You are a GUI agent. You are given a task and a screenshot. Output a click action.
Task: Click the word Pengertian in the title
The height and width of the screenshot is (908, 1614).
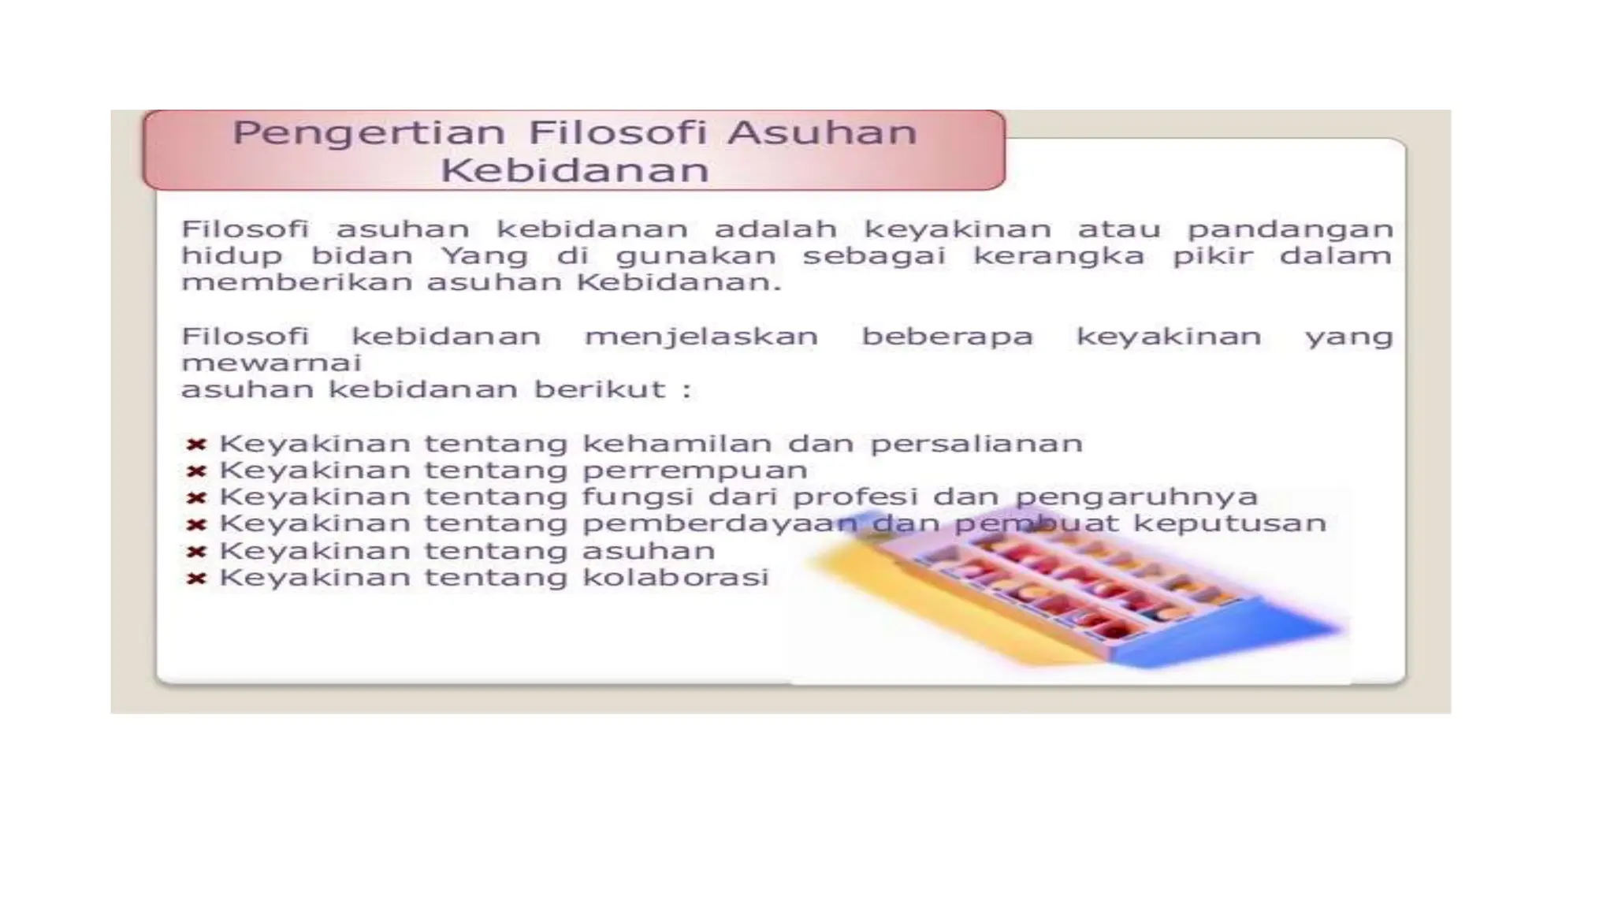pos(369,133)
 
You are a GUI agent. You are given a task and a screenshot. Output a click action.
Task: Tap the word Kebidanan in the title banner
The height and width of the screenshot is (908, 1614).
pos(575,170)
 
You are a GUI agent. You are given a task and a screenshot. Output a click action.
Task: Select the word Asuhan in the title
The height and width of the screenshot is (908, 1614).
pos(822,132)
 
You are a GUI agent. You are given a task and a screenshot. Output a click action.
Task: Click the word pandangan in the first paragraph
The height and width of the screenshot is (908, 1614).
pos(1290,230)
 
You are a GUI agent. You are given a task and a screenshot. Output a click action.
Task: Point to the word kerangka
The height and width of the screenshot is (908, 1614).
pos(1058,257)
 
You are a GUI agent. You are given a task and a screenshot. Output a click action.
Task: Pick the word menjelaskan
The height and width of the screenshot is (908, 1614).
pos(701,337)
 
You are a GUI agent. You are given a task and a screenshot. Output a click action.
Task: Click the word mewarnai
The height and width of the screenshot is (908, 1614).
pos(271,363)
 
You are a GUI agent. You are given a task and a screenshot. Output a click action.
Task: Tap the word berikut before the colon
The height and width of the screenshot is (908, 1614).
pos(601,389)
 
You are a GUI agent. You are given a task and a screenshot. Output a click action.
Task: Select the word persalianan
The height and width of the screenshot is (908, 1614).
pos(976,444)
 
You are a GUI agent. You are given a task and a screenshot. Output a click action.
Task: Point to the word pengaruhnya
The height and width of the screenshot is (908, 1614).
pos(1136,498)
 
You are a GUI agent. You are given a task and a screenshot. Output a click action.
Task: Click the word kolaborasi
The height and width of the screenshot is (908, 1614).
pos(675,578)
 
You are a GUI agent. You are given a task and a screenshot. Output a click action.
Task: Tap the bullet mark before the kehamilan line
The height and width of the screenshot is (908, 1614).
pos(196,445)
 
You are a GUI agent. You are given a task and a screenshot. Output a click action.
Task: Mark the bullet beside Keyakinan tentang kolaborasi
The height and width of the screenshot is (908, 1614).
pos(196,579)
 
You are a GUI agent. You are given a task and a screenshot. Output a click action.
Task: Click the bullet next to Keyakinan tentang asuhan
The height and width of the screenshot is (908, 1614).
pos(196,552)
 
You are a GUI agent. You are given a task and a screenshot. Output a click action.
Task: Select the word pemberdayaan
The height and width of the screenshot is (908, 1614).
pos(720,524)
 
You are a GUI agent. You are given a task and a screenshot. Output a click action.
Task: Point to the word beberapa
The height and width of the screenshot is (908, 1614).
pos(946,337)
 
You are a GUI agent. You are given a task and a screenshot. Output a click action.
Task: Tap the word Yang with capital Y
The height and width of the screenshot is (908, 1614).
pos(484,257)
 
